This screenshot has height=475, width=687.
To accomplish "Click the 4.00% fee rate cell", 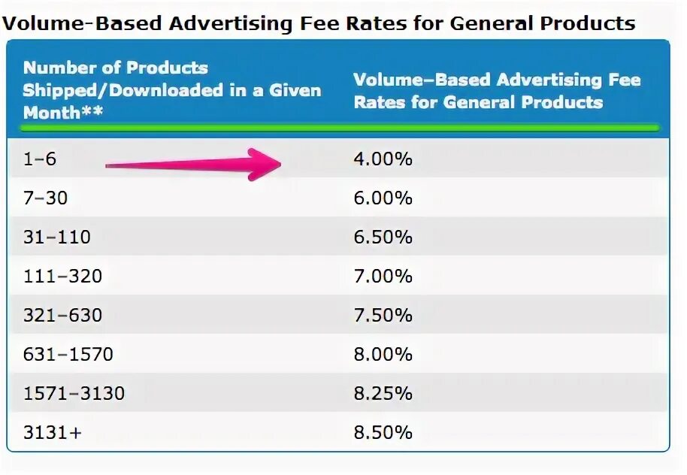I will coord(383,159).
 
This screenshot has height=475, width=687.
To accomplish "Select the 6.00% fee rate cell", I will coord(383,198).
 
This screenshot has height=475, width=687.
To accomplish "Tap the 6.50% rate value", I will coord(383,237).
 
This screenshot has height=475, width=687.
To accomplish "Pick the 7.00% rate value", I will coord(383,277).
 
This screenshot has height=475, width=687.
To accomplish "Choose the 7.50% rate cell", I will coord(383,316).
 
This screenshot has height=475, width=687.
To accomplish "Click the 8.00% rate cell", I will coord(383,355).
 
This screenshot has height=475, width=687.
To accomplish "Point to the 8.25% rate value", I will coord(383,394).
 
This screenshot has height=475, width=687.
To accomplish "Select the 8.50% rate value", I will coord(383,433).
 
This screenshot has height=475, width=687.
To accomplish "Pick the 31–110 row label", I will coord(57,237).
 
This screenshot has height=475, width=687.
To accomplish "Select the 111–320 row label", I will coord(62,277).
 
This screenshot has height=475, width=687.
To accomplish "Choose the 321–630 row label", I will coord(62,316).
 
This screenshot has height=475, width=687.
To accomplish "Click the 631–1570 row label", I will coord(68,355).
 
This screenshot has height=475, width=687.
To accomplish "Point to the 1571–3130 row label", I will coord(74,394).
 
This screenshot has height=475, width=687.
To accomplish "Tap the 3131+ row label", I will coord(51,433).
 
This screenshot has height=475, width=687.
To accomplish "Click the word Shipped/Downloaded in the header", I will coord(121,91).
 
